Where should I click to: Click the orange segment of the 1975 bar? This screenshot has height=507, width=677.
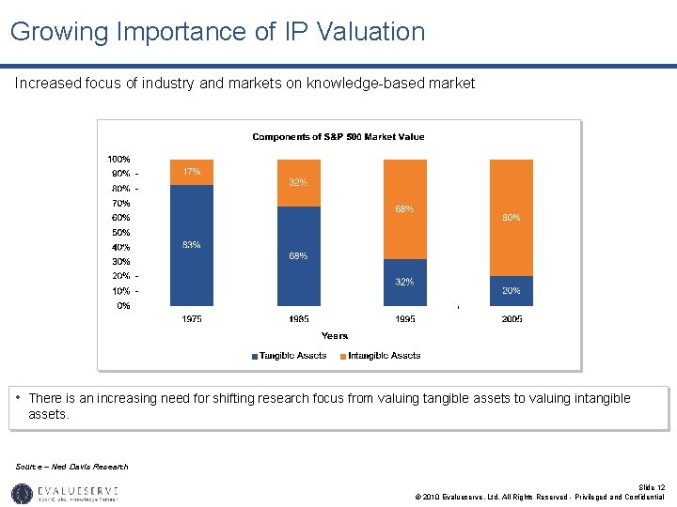[x=192, y=172]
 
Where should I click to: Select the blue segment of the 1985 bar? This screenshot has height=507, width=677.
[x=299, y=256]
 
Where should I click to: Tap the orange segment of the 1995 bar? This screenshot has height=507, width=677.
[x=404, y=208]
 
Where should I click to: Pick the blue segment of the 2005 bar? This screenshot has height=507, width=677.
[x=511, y=290]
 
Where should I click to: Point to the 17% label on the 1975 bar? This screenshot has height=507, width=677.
[x=192, y=172]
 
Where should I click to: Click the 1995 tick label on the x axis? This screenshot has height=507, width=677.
[x=404, y=319]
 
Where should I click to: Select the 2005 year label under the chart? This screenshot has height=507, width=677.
[x=511, y=319]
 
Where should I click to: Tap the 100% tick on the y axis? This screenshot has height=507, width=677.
[x=118, y=160]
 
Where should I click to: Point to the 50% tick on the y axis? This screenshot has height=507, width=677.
[x=121, y=232]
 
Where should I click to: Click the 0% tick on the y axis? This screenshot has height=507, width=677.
[x=123, y=305]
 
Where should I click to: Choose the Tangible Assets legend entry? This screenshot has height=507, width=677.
[x=289, y=356]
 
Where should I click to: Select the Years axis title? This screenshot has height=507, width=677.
[x=335, y=335]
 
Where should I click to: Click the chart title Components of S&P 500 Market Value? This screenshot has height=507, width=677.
[x=338, y=137]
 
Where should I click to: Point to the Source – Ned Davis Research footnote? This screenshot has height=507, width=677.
[x=72, y=467]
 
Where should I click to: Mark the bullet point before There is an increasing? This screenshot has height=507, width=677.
[x=20, y=398]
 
